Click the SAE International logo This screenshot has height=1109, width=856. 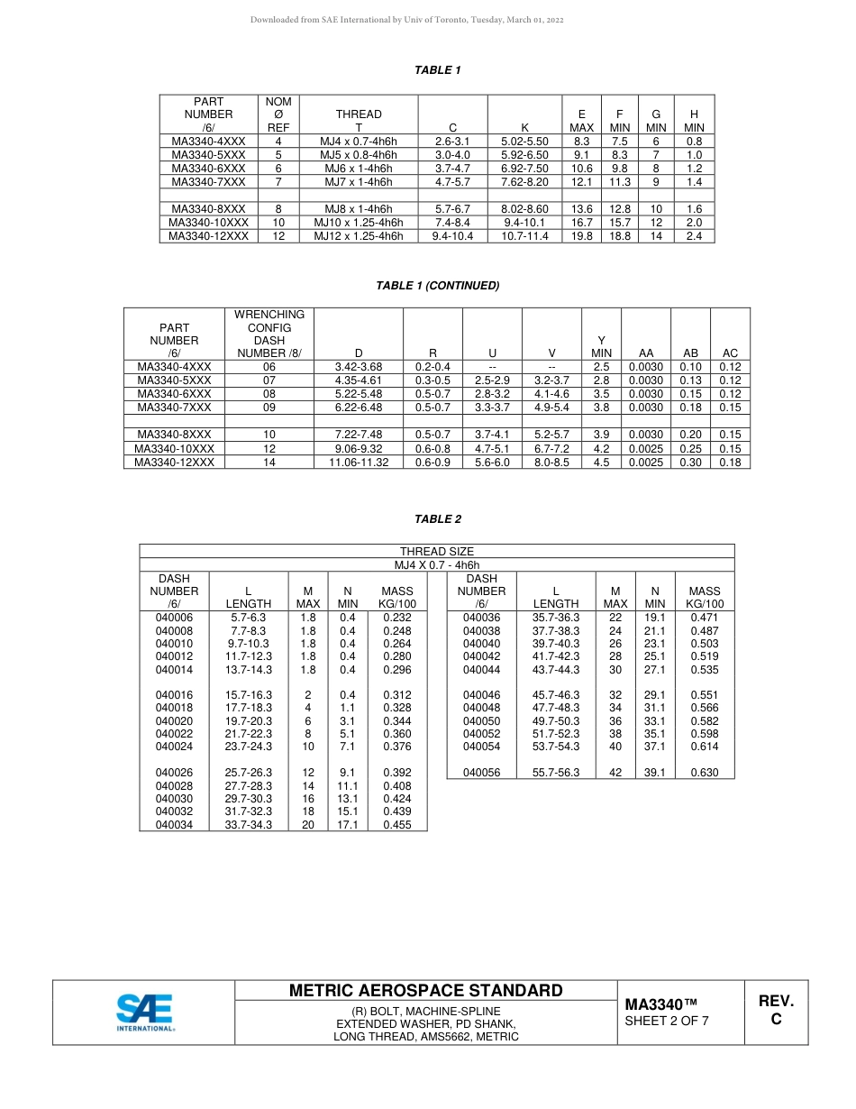coord(144,1012)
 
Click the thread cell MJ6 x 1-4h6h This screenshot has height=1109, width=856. coord(359,169)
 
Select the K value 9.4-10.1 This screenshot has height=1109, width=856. coord(524,223)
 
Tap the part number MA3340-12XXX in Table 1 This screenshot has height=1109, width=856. coord(208,236)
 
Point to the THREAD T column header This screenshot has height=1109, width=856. coord(359,121)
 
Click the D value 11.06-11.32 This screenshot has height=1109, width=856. coord(359,462)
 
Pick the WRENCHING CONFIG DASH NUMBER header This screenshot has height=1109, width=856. coord(269,334)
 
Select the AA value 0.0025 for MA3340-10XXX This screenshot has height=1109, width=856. coord(646,448)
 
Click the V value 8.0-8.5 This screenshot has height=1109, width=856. coord(551,462)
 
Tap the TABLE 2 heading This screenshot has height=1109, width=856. coord(438,519)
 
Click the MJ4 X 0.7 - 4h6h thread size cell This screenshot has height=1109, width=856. coord(437,565)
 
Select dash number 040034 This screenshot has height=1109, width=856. coord(174,824)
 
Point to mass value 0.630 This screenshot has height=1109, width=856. coord(704,773)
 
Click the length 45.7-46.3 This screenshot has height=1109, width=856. coord(556,695)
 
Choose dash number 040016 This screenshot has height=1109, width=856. coord(174,695)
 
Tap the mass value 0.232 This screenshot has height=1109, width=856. coord(397,618)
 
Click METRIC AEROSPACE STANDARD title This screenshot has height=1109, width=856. coord(425,990)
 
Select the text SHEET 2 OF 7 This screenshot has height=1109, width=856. coord(667,1022)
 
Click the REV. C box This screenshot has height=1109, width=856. coord(776,1011)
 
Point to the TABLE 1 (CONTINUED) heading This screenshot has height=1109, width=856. coord(438,286)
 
